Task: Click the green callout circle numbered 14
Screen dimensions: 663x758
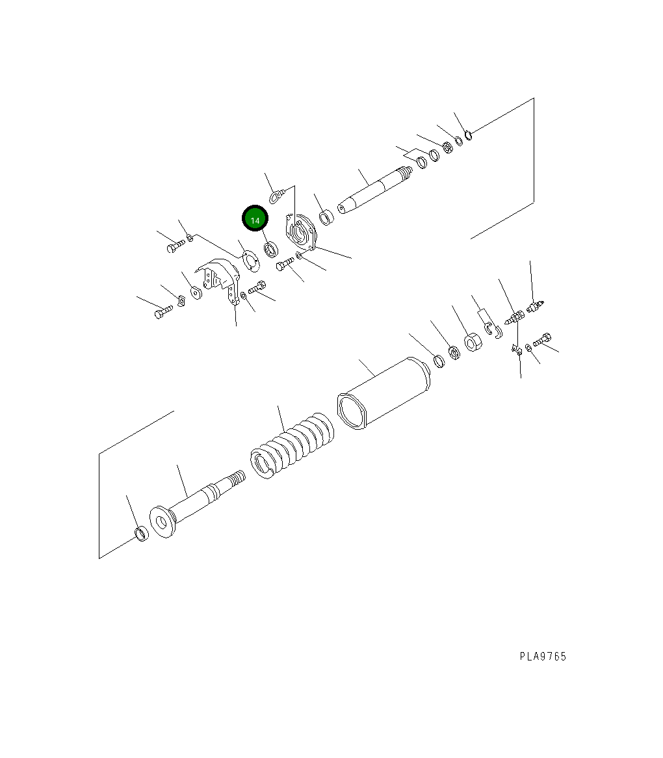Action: click(x=255, y=219)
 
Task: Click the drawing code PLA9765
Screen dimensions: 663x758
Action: click(x=543, y=657)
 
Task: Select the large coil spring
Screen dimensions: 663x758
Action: click(x=292, y=446)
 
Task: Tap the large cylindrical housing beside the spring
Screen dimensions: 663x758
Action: click(x=383, y=393)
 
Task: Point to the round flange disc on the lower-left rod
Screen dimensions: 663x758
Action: click(x=162, y=522)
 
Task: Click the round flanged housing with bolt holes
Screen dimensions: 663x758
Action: click(x=301, y=232)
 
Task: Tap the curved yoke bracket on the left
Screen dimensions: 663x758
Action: click(x=219, y=281)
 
